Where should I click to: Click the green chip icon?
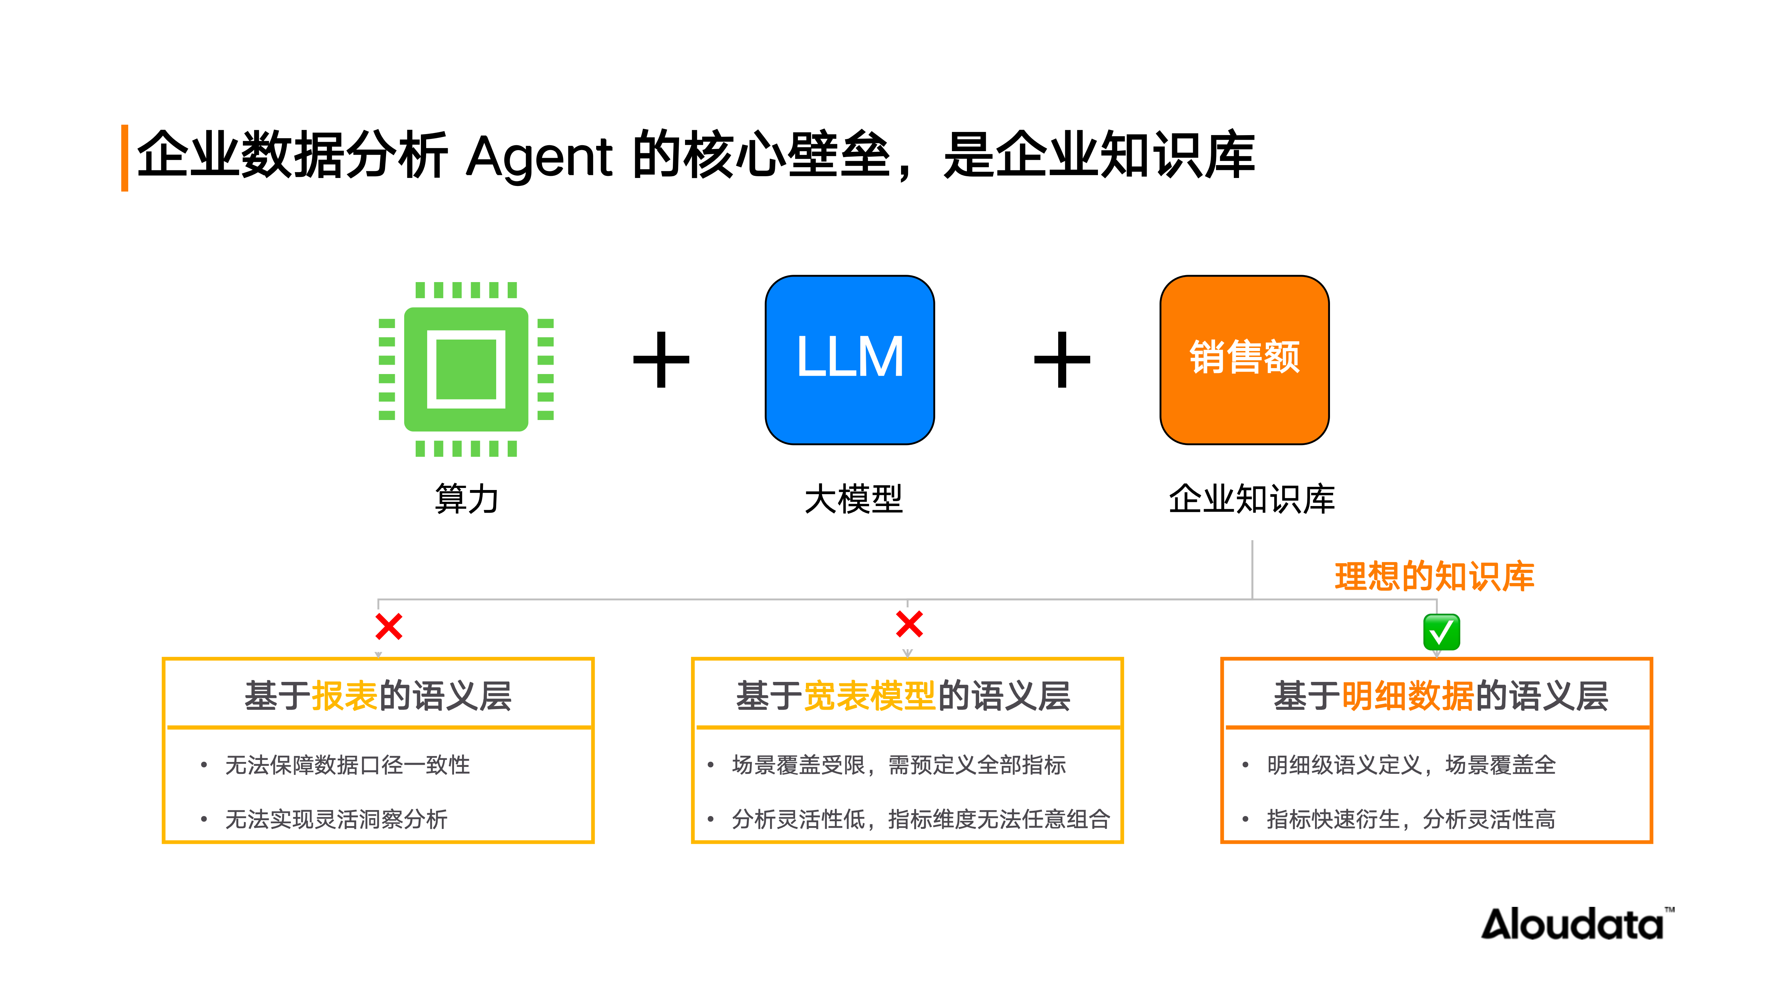coord(466,369)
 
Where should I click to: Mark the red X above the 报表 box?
coord(389,627)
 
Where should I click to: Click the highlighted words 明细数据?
coord(1407,696)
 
